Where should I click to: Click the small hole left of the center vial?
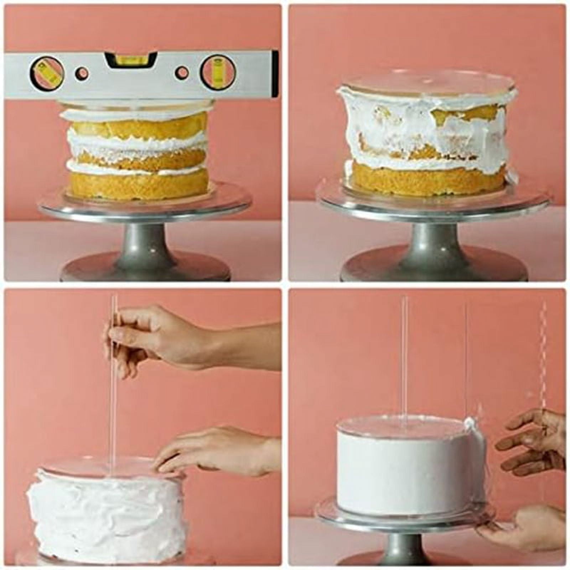click(82, 73)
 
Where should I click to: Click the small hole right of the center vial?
click(182, 73)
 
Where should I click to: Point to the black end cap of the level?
click(275, 74)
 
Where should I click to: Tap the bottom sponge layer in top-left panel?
click(139, 185)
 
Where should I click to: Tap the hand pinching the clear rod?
click(157, 337)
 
